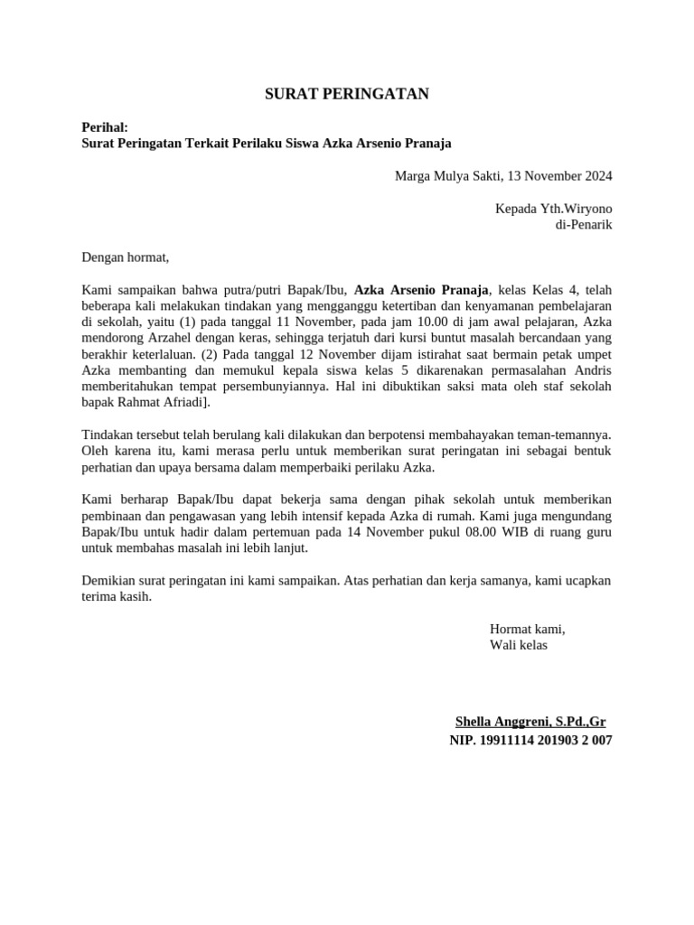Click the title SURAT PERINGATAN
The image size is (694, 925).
point(347,94)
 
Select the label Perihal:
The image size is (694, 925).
point(105,128)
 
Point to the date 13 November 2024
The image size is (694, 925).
point(560,175)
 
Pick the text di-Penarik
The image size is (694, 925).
point(583,224)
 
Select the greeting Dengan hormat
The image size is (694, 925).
point(126,257)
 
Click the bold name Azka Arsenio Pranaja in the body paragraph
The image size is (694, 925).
point(422,290)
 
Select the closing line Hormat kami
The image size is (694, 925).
point(527,629)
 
